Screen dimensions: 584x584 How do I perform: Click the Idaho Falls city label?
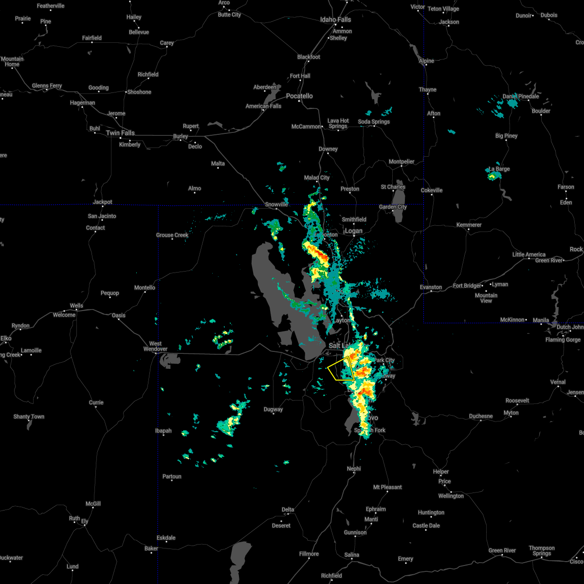(x=335, y=19)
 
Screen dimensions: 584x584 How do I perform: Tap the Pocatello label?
(x=299, y=96)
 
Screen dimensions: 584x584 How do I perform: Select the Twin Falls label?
(x=120, y=133)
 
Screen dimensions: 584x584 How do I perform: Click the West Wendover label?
(x=155, y=346)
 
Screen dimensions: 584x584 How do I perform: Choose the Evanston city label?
(x=431, y=287)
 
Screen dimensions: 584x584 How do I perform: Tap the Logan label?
(x=353, y=231)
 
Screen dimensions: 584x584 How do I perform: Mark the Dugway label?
(x=273, y=409)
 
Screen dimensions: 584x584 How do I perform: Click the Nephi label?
(x=354, y=469)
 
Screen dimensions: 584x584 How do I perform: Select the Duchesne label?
(x=481, y=416)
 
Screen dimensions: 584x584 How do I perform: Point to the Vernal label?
(x=558, y=382)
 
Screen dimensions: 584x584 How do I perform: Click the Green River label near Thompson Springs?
(x=502, y=550)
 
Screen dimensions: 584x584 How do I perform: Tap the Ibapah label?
(x=164, y=431)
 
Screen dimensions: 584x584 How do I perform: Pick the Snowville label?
(x=276, y=204)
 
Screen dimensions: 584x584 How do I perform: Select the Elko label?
(x=6, y=338)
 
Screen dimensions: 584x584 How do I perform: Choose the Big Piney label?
(x=506, y=136)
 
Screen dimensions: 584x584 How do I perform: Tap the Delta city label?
(x=288, y=510)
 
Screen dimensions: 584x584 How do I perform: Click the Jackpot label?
(x=102, y=202)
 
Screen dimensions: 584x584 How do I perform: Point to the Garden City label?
(x=393, y=207)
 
